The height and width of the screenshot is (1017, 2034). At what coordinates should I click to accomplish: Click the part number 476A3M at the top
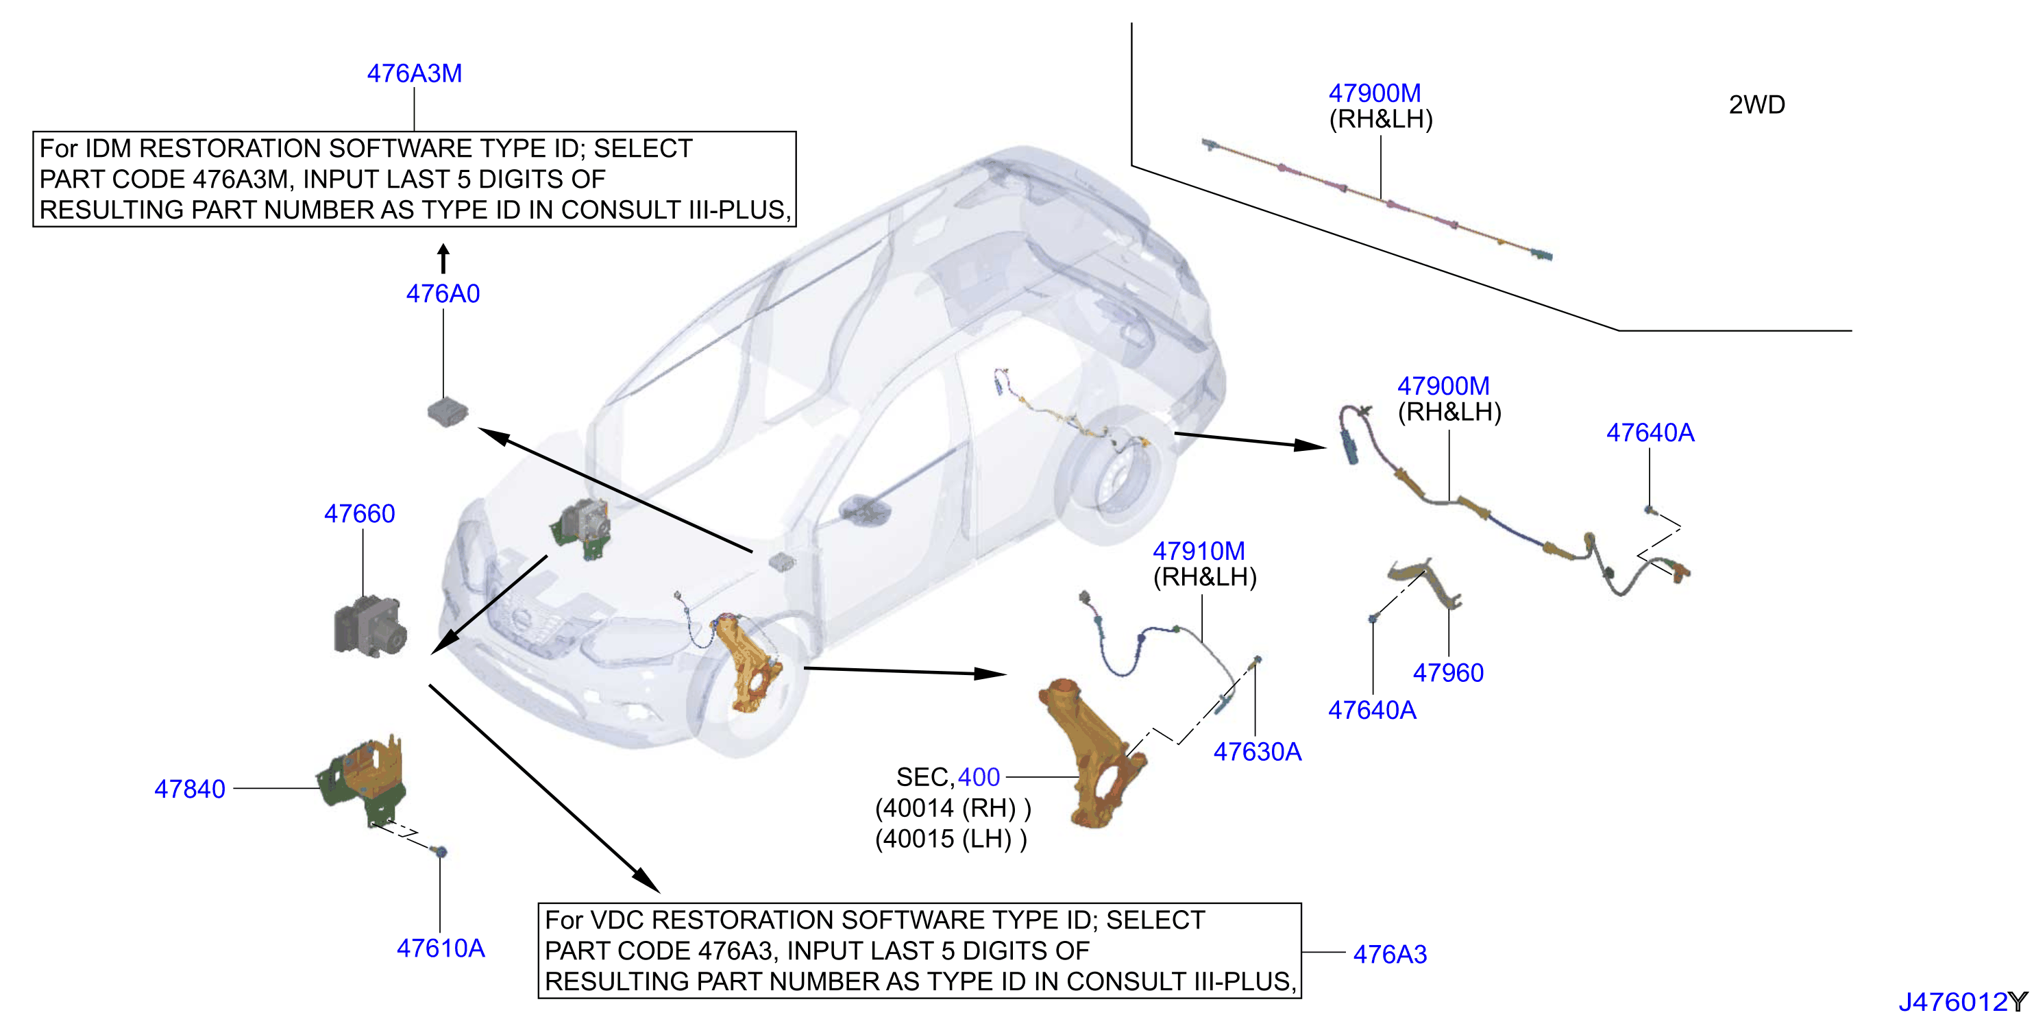[415, 73]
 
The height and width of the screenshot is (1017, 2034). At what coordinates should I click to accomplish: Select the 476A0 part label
[443, 294]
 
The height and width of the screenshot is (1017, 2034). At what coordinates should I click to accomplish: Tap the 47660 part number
[359, 514]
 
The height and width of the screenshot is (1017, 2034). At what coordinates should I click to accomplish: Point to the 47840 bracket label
[190, 789]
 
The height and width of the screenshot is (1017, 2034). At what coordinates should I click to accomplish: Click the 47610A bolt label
[441, 948]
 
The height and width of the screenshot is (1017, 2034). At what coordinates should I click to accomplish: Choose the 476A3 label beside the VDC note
[1390, 955]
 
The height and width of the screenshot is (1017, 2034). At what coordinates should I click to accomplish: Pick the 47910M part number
[1199, 551]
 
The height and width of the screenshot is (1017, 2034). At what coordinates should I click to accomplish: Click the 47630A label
[1257, 752]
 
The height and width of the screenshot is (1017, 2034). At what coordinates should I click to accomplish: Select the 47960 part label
[1448, 673]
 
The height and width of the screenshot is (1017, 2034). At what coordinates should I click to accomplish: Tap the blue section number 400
[979, 778]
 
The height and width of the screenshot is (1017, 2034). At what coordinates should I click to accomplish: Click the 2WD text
[1757, 105]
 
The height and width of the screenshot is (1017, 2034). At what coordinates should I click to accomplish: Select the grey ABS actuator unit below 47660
[370, 627]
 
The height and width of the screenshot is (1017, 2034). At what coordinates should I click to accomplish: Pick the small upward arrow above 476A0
[444, 258]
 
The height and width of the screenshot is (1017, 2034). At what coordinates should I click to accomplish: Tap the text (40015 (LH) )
[951, 839]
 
